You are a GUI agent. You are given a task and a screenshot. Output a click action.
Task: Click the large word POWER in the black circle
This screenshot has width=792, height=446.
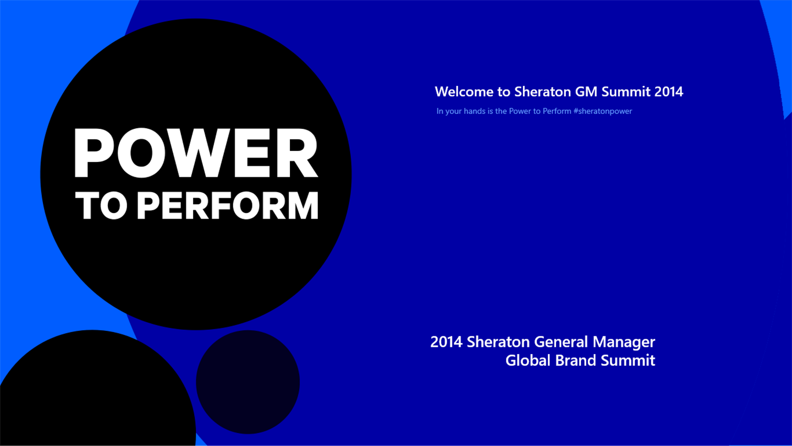click(196, 153)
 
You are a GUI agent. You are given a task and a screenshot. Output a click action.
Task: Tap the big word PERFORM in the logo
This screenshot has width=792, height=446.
click(228, 206)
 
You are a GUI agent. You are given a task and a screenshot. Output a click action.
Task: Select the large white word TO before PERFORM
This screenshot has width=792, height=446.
click(101, 206)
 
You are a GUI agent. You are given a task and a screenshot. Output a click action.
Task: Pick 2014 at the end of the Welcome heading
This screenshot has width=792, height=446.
click(669, 91)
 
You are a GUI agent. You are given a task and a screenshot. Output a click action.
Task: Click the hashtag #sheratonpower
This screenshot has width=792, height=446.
click(603, 111)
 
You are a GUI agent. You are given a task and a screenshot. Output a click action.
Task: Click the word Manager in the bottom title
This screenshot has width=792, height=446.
click(624, 342)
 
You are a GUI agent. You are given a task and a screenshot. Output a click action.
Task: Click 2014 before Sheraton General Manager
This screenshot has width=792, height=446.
click(446, 342)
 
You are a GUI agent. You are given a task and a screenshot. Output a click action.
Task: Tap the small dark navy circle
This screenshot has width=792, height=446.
click(248, 382)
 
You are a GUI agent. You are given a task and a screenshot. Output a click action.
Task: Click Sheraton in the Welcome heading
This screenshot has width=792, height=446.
click(543, 91)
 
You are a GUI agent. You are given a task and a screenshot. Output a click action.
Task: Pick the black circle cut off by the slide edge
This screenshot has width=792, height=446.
click(98, 388)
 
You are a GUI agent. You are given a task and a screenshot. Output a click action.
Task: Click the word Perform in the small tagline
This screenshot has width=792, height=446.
click(557, 111)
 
